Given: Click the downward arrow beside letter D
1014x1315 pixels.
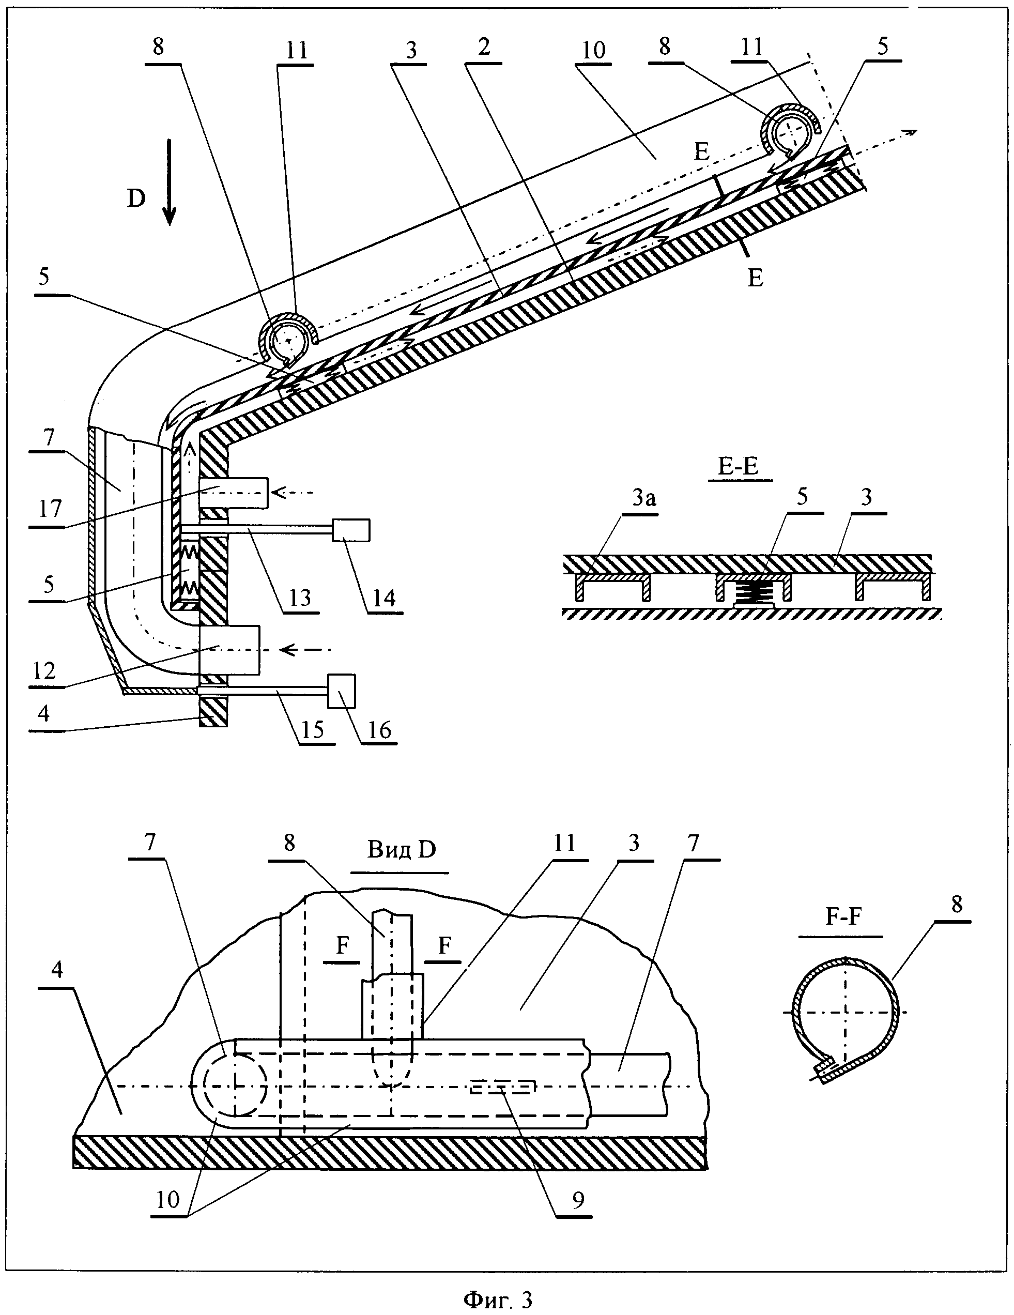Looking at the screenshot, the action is (170, 182).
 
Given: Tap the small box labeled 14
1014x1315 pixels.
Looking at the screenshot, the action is (351, 530).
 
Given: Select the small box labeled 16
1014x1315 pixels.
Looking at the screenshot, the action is (342, 691).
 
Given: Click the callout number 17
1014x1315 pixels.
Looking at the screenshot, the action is (51, 509).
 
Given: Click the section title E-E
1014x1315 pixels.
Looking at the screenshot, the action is (740, 467).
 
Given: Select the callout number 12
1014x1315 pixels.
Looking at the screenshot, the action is (44, 670).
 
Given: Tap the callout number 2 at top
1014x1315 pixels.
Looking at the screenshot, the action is (484, 47).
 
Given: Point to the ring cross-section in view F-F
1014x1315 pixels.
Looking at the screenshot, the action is (848, 1012).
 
